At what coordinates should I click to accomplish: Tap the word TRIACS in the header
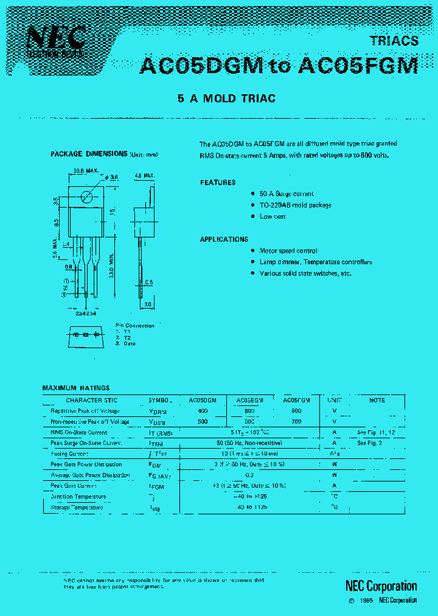394,41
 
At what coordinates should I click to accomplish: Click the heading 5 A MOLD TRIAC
226,99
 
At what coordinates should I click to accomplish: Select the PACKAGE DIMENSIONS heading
89,154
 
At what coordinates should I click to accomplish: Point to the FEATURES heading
218,183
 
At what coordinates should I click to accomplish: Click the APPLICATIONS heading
224,239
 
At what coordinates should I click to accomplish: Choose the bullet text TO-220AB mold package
296,205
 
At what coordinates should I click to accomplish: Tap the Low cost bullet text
273,217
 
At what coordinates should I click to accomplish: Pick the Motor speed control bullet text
288,251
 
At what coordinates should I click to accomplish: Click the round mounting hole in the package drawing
86,197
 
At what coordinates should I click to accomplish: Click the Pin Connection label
135,326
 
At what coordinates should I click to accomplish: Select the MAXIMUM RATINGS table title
76,388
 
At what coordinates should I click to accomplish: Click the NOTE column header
377,401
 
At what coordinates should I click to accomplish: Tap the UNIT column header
335,401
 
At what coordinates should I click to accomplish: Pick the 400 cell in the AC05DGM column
203,411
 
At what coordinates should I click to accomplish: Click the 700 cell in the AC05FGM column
296,421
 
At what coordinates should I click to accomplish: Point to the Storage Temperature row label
77,507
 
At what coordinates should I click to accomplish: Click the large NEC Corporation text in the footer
381,586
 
